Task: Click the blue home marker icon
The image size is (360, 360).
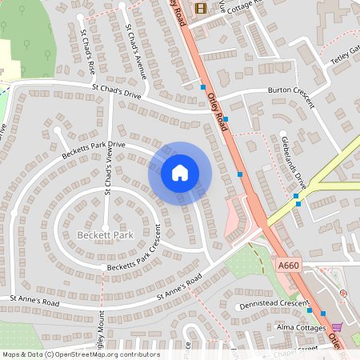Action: pyautogui.click(x=180, y=173)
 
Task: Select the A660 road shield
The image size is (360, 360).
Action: pyautogui.click(x=288, y=265)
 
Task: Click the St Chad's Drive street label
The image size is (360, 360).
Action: pyautogui.click(x=117, y=90)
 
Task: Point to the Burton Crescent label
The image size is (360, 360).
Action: pyautogui.click(x=291, y=90)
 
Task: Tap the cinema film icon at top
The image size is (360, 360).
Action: pyautogui.click(x=199, y=8)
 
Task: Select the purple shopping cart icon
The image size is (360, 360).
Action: pyautogui.click(x=337, y=326)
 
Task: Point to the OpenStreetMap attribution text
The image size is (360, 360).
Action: pyautogui.click(x=80, y=354)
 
